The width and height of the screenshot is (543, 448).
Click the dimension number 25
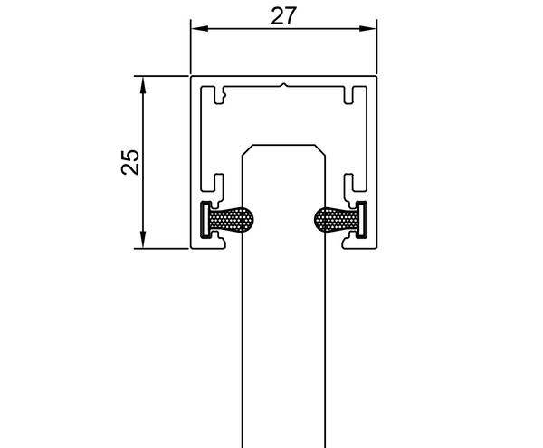coord(130,161)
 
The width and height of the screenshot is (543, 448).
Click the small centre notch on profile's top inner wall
coord(284,88)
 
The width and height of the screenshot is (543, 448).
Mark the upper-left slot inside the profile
coord(217,93)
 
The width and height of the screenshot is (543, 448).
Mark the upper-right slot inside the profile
coord(350,93)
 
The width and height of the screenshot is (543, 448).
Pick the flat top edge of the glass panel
coord(284,143)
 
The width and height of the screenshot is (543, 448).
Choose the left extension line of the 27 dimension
coord(190,45)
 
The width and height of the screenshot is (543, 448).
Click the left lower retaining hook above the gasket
coord(217,185)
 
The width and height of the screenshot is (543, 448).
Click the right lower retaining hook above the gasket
coord(350,185)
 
